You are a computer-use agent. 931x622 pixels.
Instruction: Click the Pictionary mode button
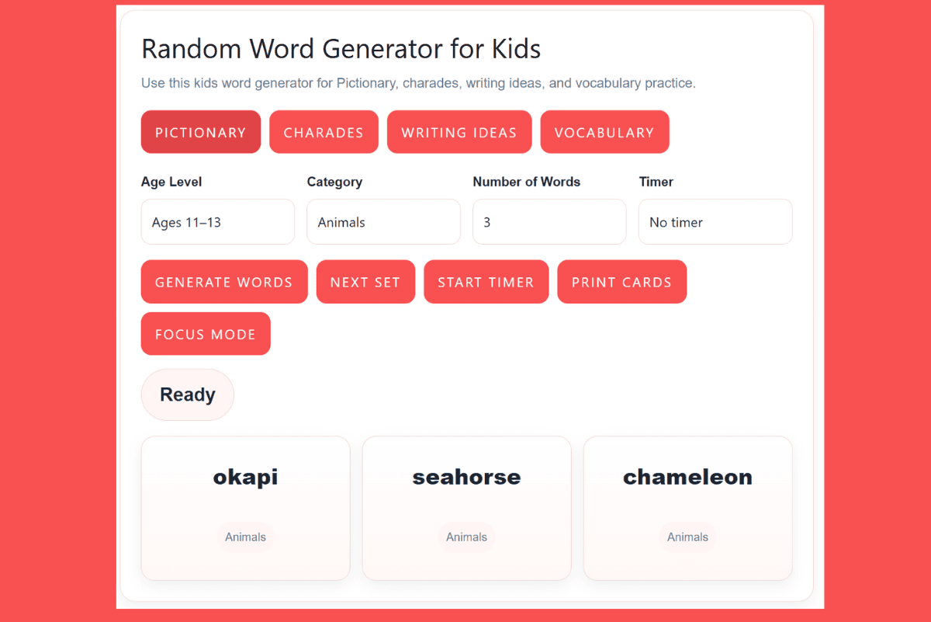[201, 132]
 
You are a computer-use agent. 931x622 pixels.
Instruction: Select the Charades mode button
[324, 132]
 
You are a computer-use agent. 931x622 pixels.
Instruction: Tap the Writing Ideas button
[459, 132]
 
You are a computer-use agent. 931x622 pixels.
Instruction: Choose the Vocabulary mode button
[604, 132]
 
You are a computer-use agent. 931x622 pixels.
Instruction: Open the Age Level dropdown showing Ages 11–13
[218, 222]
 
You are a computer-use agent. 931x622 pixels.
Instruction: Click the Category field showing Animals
[383, 222]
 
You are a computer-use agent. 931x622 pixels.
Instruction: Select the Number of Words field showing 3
[549, 222]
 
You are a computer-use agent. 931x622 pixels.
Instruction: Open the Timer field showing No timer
[715, 222]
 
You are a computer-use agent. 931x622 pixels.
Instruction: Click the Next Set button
[365, 282]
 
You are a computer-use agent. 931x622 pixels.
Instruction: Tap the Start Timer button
[486, 282]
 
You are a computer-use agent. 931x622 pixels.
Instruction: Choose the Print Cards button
[621, 282]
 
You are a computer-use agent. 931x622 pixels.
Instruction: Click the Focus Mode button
[206, 334]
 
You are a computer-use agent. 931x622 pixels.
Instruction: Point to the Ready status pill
[188, 394]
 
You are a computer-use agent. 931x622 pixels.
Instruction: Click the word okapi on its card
[245, 477]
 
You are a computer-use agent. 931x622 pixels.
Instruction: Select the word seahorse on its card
[466, 477]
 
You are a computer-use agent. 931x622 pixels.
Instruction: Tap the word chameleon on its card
[687, 477]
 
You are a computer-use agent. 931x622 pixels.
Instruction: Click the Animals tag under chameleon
[687, 537]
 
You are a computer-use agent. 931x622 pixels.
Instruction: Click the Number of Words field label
[526, 182]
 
